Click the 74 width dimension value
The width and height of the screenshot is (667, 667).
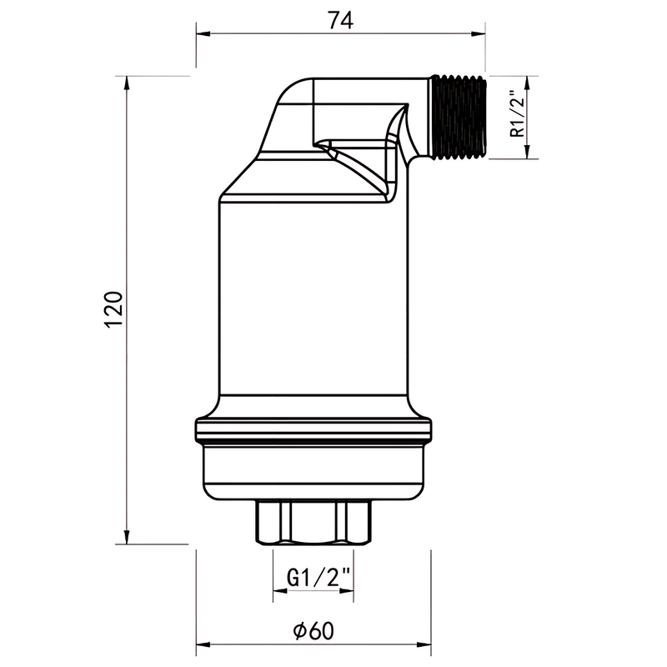[x=341, y=20]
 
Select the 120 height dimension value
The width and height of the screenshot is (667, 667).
[x=113, y=308]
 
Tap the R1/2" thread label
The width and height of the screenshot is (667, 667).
[x=518, y=113]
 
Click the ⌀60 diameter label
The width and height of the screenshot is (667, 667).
[x=313, y=631]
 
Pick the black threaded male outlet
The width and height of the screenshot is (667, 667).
[x=459, y=118]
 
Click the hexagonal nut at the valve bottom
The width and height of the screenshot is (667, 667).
[x=314, y=522]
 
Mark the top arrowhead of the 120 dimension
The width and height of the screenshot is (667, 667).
[x=127, y=83]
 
